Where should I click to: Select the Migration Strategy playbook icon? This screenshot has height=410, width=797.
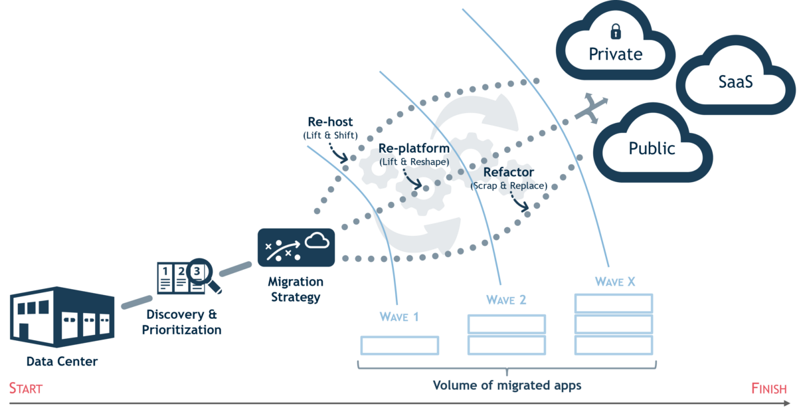(x=296, y=247)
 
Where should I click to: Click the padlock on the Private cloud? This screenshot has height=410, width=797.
(x=616, y=31)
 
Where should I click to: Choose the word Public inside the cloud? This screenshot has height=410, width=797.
(x=652, y=148)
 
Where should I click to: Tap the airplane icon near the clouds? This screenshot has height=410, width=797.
(x=591, y=107)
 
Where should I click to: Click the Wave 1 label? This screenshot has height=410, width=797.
(x=399, y=316)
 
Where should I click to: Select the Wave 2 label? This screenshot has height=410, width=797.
(x=506, y=300)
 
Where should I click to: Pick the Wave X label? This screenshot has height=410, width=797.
(x=615, y=282)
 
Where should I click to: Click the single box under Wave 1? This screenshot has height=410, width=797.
(x=400, y=345)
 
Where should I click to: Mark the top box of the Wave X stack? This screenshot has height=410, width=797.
(x=614, y=303)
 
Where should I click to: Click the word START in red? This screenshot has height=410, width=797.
(x=25, y=389)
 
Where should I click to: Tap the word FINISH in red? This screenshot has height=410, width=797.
(x=769, y=389)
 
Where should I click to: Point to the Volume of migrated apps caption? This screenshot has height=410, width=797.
(x=507, y=385)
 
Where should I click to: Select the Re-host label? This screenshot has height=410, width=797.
(x=330, y=122)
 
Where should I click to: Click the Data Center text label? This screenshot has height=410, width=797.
(x=62, y=362)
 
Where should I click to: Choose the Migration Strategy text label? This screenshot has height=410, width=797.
(x=296, y=289)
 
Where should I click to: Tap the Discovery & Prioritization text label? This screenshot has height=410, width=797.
(x=181, y=322)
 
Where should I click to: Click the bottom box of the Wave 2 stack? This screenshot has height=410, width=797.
(x=507, y=346)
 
